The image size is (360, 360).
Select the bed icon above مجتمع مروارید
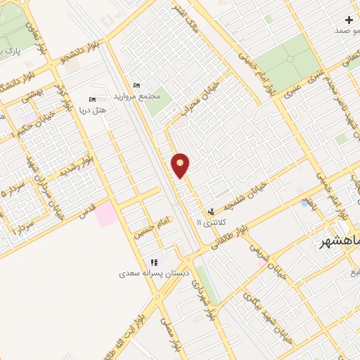point(137,85)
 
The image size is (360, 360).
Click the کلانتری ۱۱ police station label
point(208,221)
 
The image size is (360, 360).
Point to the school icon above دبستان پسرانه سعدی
point(154,262)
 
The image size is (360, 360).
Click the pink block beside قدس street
point(107,213)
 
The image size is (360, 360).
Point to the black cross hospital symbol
point(349,20)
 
